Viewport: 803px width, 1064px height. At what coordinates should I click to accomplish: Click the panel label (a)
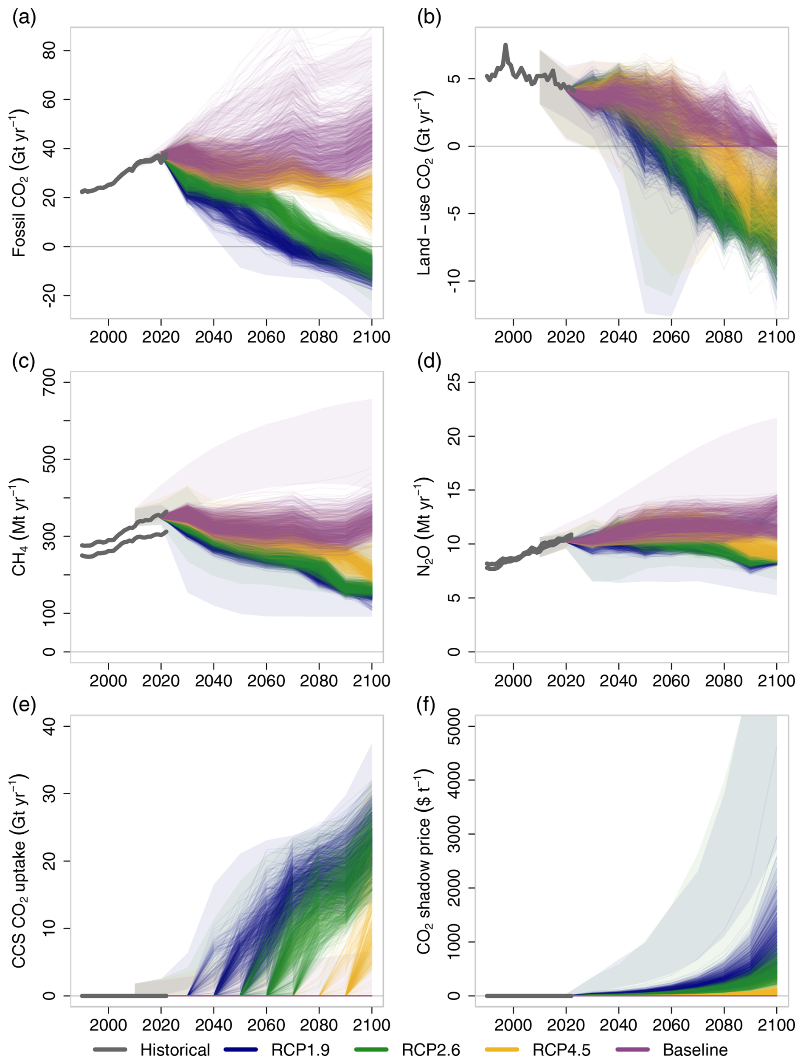(x=24, y=18)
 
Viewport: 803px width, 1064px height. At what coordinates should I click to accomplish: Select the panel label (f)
(x=429, y=706)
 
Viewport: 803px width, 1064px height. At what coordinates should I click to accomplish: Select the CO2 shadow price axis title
(x=424, y=861)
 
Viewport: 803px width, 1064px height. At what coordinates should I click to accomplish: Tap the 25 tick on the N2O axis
(x=454, y=382)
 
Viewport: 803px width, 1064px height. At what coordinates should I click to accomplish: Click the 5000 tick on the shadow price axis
(x=454, y=726)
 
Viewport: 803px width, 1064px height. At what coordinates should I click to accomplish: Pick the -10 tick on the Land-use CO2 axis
(x=454, y=281)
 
